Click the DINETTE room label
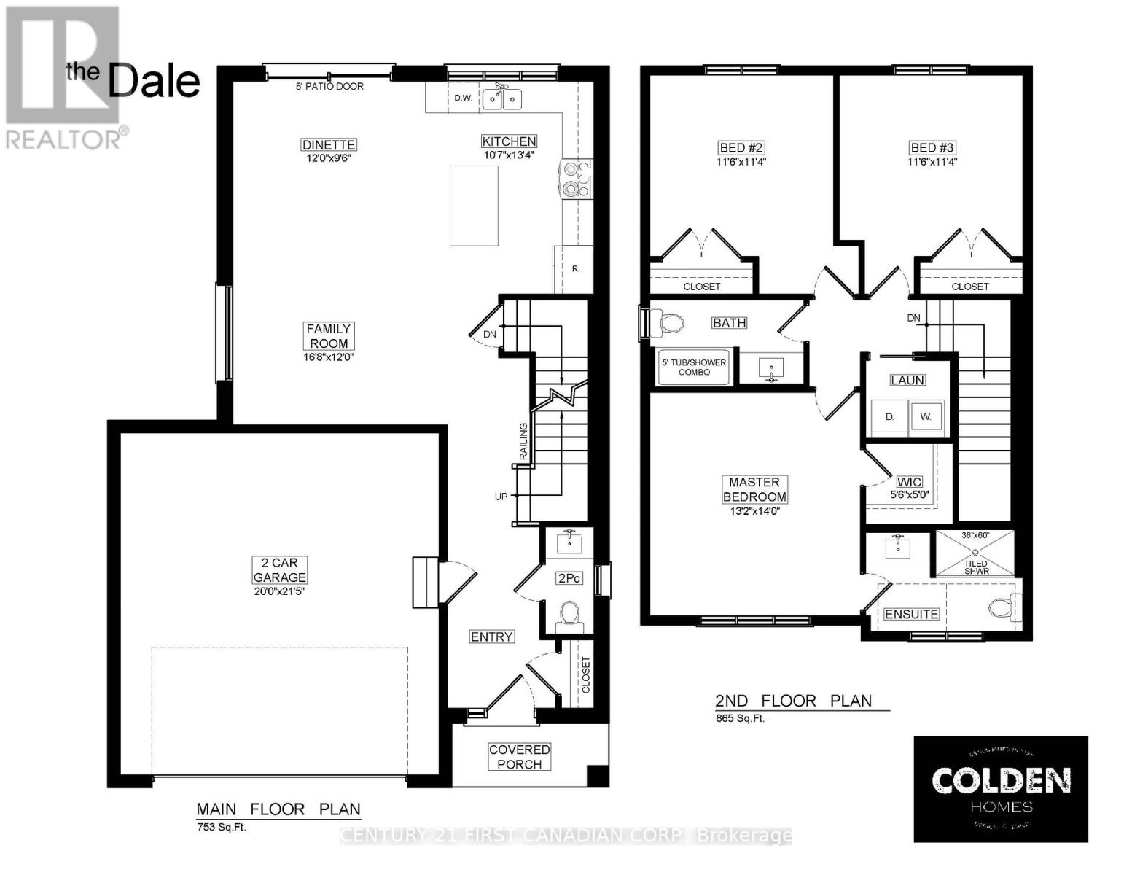[x=329, y=144]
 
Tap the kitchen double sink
[x=502, y=98]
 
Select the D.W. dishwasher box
[x=463, y=98]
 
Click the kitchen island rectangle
[x=474, y=206]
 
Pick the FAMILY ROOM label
[x=328, y=336]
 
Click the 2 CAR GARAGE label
[x=280, y=569]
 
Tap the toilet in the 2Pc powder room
[x=568, y=614]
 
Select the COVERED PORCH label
[x=519, y=757]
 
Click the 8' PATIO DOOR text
[x=329, y=86]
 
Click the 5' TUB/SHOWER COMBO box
[x=694, y=367]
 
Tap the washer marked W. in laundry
[x=926, y=417]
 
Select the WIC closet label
[x=909, y=482]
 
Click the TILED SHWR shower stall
[x=975, y=557]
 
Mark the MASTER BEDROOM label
[x=754, y=489]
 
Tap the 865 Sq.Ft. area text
[x=740, y=718]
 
